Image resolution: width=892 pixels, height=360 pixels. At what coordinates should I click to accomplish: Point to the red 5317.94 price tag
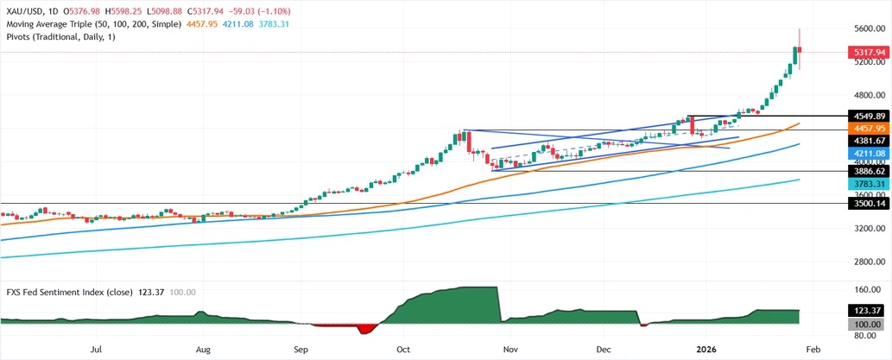tap(866, 52)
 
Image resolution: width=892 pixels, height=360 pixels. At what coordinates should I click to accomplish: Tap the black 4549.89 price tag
tap(866, 116)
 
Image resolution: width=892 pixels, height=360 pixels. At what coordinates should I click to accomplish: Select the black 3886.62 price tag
tap(866, 172)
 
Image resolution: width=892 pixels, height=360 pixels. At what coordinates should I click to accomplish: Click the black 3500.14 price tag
tap(866, 205)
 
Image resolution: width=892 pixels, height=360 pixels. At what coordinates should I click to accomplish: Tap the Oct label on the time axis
tap(403, 350)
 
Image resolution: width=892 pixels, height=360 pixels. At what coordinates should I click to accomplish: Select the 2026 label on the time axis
tap(705, 350)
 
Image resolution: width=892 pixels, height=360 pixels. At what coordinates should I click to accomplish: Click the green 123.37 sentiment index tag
tap(865, 311)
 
